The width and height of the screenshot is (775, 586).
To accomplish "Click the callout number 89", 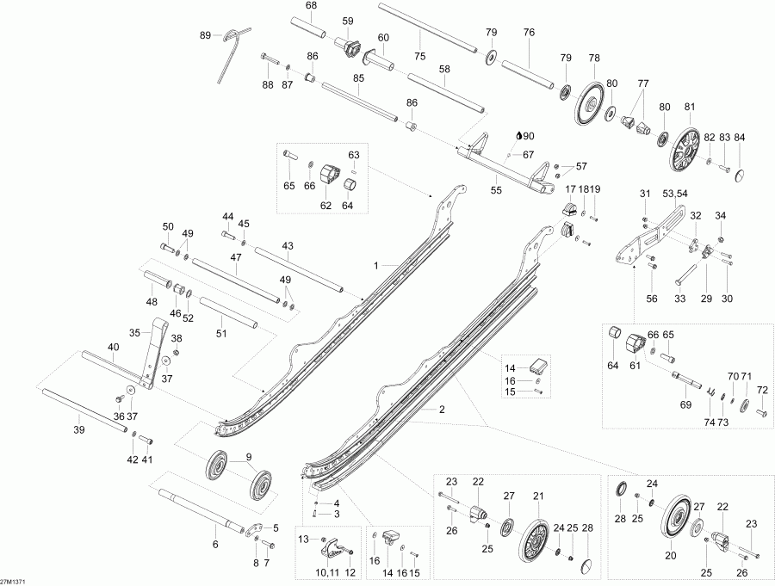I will [205, 35].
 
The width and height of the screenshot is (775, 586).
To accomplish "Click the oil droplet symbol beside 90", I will [518, 135].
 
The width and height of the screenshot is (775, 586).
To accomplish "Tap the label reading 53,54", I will [673, 194].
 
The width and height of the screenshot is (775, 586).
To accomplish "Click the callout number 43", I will [287, 246].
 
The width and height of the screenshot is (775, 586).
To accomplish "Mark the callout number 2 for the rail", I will [442, 410].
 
